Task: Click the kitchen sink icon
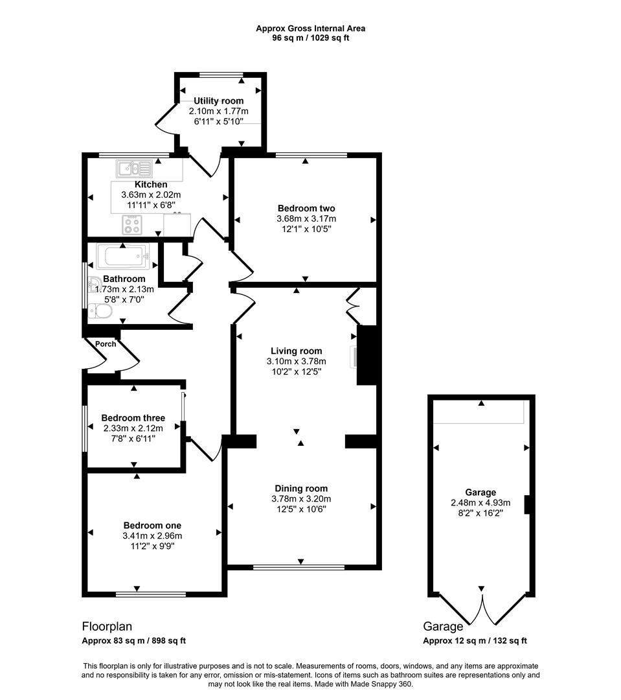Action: (134, 169)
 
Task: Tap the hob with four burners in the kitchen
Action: (132, 225)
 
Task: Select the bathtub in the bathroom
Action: (123, 256)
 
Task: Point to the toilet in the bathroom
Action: (101, 312)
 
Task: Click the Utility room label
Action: (219, 101)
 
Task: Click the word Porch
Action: (106, 344)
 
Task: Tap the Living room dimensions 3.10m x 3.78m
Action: (297, 362)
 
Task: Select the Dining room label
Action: (301, 489)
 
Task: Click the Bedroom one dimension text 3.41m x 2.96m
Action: (152, 536)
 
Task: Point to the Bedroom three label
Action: (133, 418)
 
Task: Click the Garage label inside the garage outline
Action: (480, 493)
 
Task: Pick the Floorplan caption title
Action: (107, 627)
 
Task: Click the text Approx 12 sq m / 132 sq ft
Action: (475, 641)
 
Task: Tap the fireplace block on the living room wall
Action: (367, 356)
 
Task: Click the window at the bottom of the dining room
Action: (299, 568)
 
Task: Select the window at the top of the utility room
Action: (221, 75)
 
